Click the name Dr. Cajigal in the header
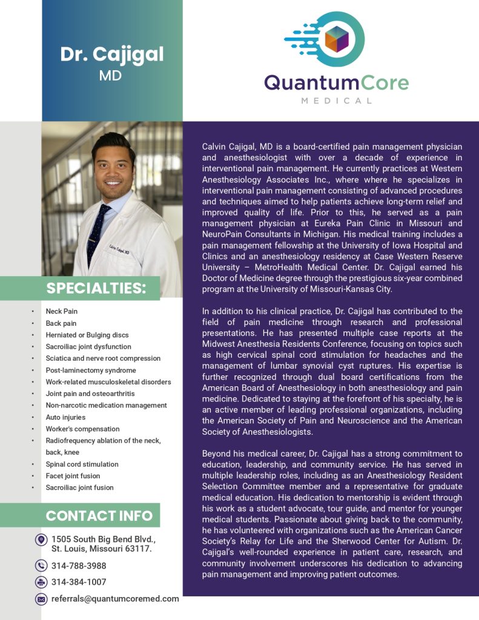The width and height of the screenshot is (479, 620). click(x=111, y=54)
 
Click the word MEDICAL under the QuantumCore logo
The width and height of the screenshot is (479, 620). click(x=337, y=101)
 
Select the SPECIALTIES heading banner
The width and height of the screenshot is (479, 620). click(x=96, y=288)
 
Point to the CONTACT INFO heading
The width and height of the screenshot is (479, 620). click(x=99, y=516)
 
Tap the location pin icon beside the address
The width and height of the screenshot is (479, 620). click(x=41, y=539)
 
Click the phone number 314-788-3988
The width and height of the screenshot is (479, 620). click(x=79, y=566)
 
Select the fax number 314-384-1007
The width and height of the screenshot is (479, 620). click(x=79, y=582)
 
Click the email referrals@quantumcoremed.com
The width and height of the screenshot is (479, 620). click(x=115, y=599)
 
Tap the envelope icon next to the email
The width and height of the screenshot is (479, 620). click(x=41, y=599)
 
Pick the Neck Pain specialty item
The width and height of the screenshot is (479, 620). click(x=62, y=311)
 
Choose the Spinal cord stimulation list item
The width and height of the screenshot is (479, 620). click(x=82, y=464)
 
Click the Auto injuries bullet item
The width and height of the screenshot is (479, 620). click(x=65, y=417)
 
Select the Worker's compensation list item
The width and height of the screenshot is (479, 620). click(x=82, y=429)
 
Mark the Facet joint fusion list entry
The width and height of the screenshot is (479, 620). click(x=74, y=476)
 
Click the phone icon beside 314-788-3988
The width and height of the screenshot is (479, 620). click(x=41, y=566)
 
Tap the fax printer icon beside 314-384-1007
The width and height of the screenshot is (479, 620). click(x=41, y=582)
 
